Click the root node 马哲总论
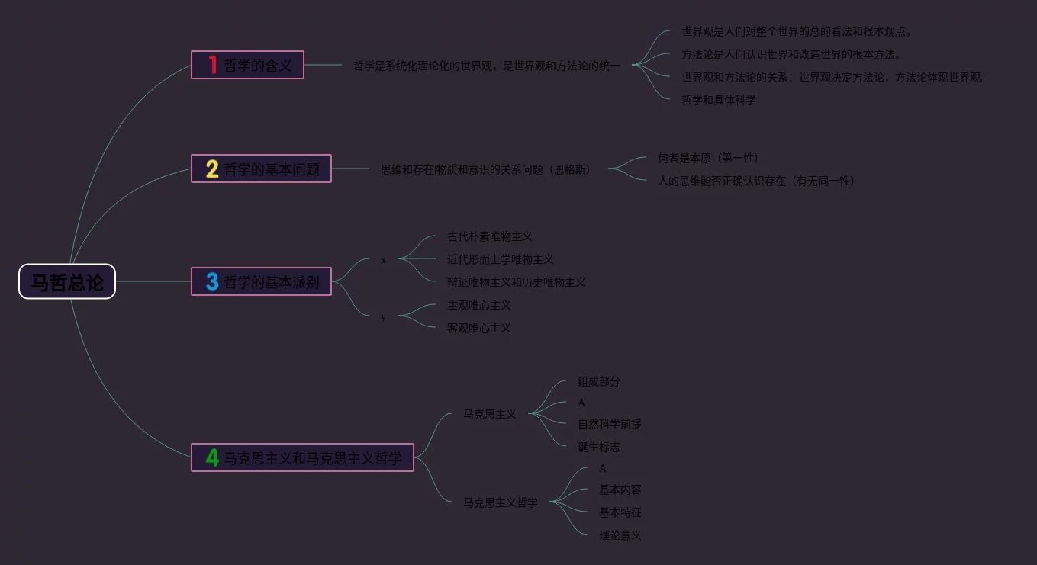tap(67, 281)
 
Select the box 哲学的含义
tap(247, 65)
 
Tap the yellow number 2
tap(212, 169)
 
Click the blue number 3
tap(212, 281)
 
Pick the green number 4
tap(212, 457)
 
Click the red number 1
tap(213, 65)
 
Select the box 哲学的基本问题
tap(261, 169)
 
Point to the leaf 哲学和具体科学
tap(718, 100)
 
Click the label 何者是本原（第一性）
tap(707, 158)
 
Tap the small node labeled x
tap(383, 260)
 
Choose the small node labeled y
tap(383, 316)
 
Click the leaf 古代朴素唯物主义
tap(489, 237)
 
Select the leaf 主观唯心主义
tap(478, 305)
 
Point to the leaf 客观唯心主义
tap(478, 328)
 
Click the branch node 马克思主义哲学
tap(501, 502)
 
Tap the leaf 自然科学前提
tap(609, 424)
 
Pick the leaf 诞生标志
tap(598, 447)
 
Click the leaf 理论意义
tap(620, 535)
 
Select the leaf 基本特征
tap(620, 512)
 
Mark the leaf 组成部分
tap(598, 381)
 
